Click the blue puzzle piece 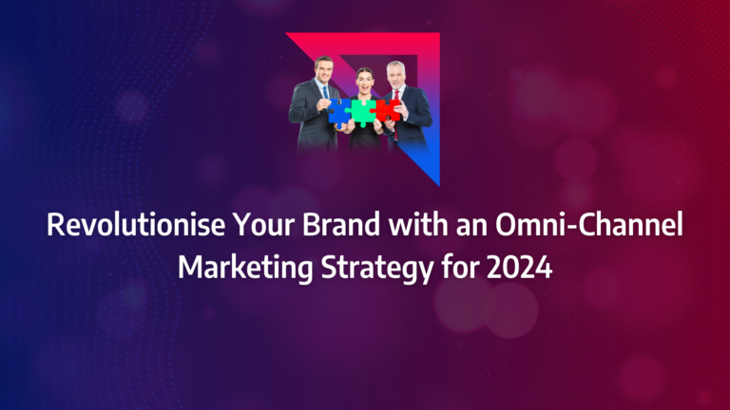tap(340, 110)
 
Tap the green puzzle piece tap(363, 111)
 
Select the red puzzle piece tap(386, 109)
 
